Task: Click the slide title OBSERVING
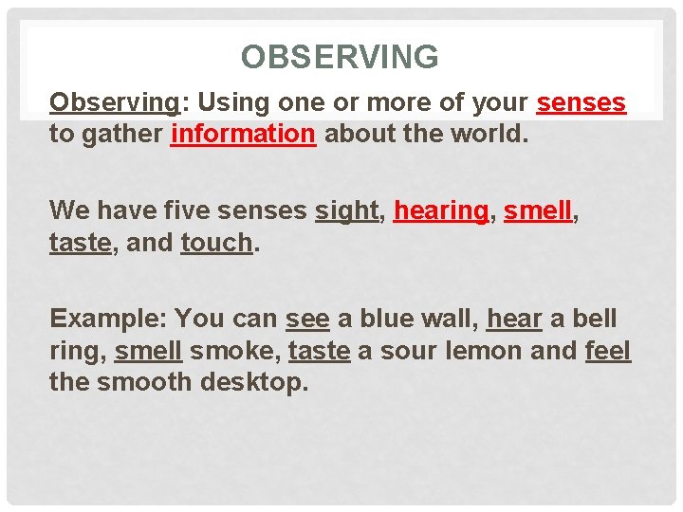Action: tap(340, 58)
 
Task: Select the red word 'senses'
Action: tap(581, 103)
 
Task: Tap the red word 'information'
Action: tap(243, 134)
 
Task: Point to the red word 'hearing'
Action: tap(440, 210)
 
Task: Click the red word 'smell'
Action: tap(538, 210)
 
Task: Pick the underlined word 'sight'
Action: tap(347, 210)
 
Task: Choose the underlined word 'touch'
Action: tap(216, 242)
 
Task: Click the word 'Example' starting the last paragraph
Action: tap(105, 318)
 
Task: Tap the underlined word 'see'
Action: tap(307, 318)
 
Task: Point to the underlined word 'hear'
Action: tap(513, 318)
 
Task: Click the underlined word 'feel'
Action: tap(608, 350)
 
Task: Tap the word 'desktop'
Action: tap(256, 382)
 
